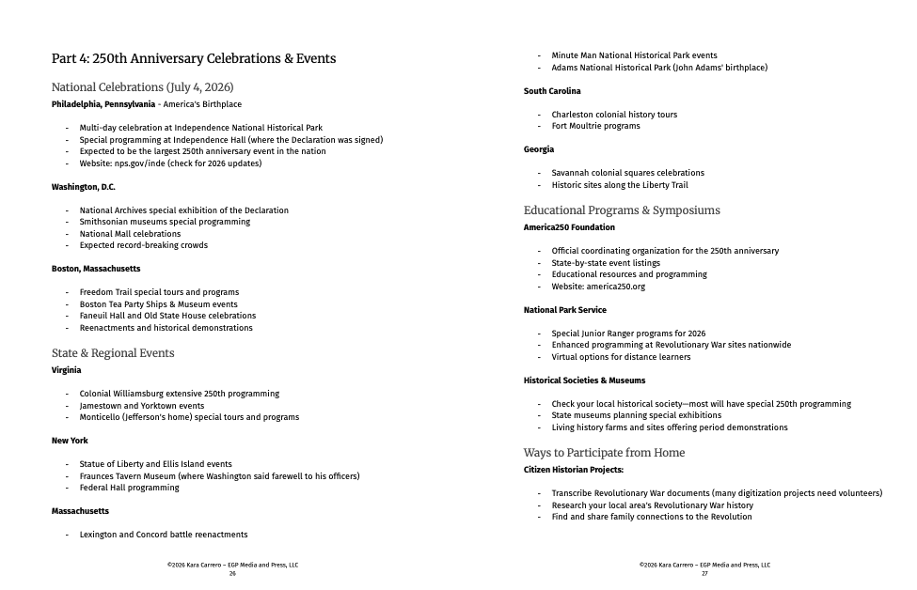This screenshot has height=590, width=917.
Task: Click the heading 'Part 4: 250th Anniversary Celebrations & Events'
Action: pos(193,59)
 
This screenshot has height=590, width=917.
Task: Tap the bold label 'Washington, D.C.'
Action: pos(83,187)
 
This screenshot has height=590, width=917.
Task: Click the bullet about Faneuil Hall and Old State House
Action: pos(167,316)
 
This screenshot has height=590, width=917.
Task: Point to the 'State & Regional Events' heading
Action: pos(113,353)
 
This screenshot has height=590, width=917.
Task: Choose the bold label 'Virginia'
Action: pos(66,370)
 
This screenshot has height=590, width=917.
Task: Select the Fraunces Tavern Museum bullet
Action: pos(219,476)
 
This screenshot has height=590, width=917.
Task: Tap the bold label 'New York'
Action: pos(71,441)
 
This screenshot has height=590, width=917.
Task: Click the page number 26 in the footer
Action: pos(232,573)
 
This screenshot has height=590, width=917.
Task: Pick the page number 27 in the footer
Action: pos(704,573)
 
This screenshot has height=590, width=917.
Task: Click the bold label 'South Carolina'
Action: pos(552,91)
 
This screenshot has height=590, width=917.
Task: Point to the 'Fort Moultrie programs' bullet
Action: pos(595,126)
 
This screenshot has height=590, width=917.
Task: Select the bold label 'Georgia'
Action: pos(539,149)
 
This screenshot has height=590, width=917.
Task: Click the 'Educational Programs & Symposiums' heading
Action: pos(622,210)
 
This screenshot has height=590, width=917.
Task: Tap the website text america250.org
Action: pos(616,287)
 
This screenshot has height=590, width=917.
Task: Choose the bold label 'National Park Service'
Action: pos(564,310)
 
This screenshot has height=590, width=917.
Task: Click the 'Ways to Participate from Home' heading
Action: pos(604,453)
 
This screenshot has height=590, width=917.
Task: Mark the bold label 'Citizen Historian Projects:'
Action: pos(573,470)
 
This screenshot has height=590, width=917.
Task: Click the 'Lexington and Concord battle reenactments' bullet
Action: pos(164,535)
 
